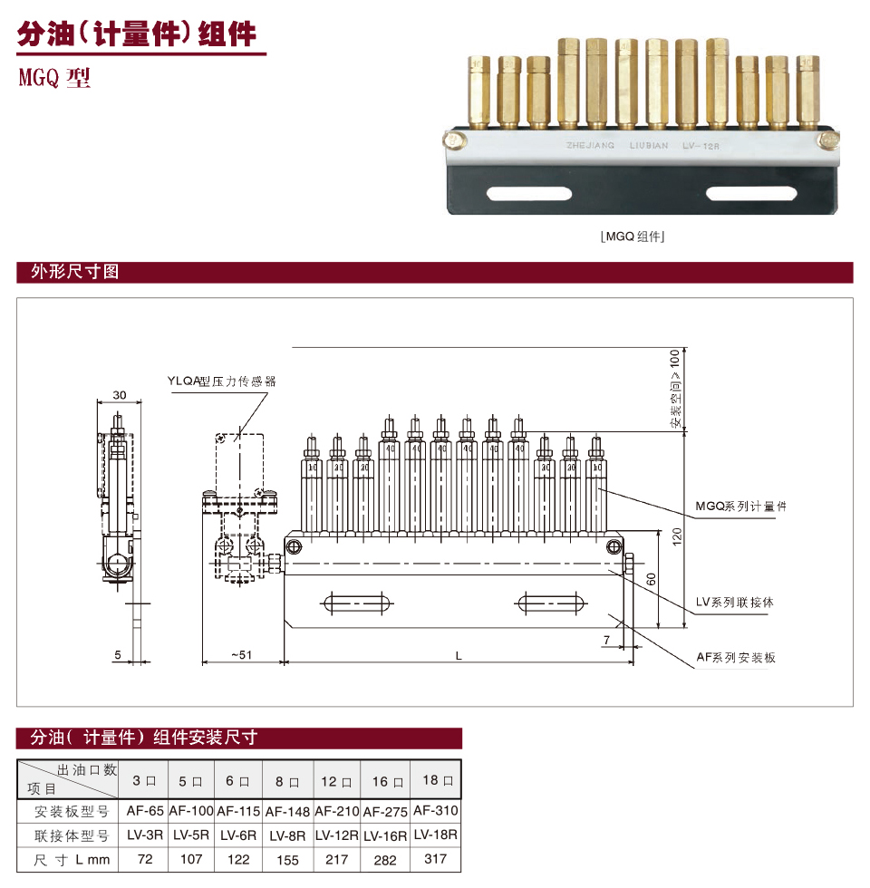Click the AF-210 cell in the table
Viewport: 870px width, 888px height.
[x=336, y=811]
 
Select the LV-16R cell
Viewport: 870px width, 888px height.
[x=385, y=835]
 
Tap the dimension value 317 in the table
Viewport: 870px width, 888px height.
[x=435, y=858]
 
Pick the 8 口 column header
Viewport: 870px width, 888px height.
[x=287, y=780]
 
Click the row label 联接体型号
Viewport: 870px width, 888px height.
[x=72, y=835]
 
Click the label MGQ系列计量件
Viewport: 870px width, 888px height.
[x=740, y=506]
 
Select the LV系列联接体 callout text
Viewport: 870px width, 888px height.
[x=734, y=602]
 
